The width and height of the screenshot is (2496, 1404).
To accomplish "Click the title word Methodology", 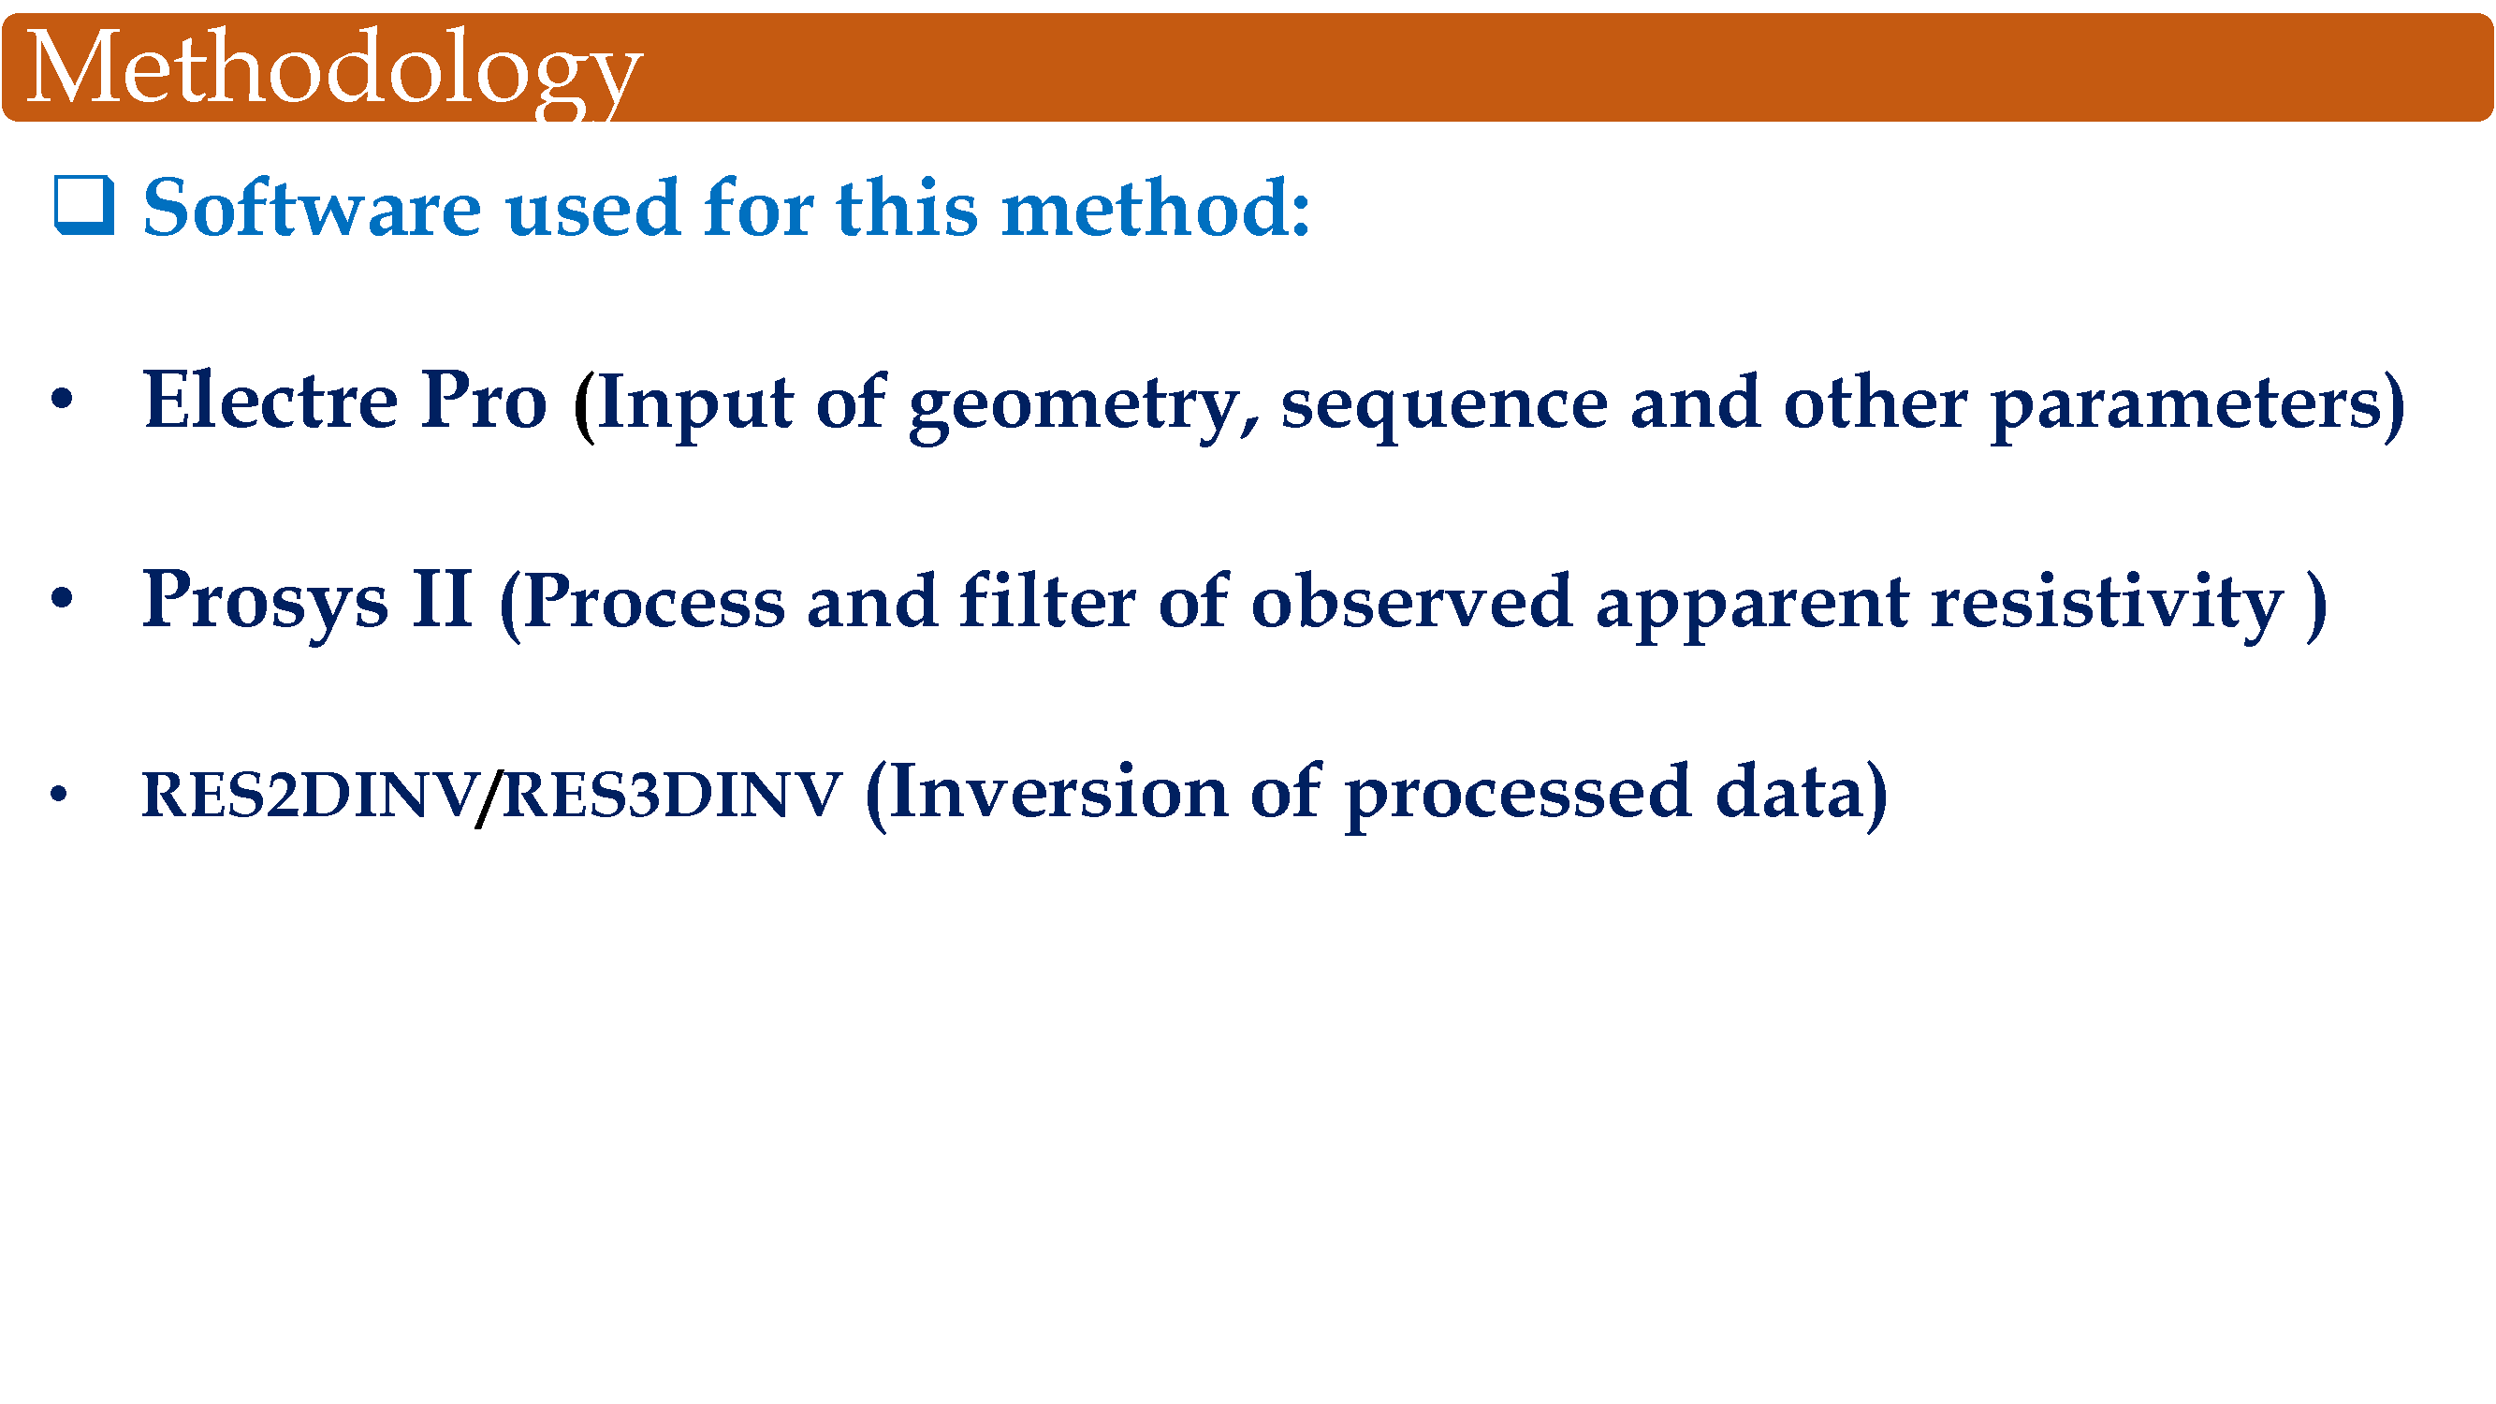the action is click(x=334, y=70).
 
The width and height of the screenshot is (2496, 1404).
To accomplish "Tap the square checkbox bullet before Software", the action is click(x=84, y=205).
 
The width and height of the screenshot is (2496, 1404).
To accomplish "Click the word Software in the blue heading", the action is click(x=312, y=208).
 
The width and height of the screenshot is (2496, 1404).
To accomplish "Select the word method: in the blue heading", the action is click(x=1156, y=208).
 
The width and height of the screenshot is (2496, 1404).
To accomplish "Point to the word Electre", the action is click(x=270, y=400).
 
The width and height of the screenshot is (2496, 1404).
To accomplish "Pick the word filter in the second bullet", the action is click(x=1047, y=599).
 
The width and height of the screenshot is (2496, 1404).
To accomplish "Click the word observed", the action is click(x=1411, y=599).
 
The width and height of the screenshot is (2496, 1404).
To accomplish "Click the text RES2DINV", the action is click(x=310, y=795).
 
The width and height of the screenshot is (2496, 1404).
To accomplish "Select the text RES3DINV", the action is click(x=673, y=795).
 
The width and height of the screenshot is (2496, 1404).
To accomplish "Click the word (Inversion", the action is click(x=1046, y=793).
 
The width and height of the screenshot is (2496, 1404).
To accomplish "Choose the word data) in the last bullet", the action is click(x=1803, y=793).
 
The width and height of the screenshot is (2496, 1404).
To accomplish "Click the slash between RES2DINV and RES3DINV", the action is click(x=489, y=797).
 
